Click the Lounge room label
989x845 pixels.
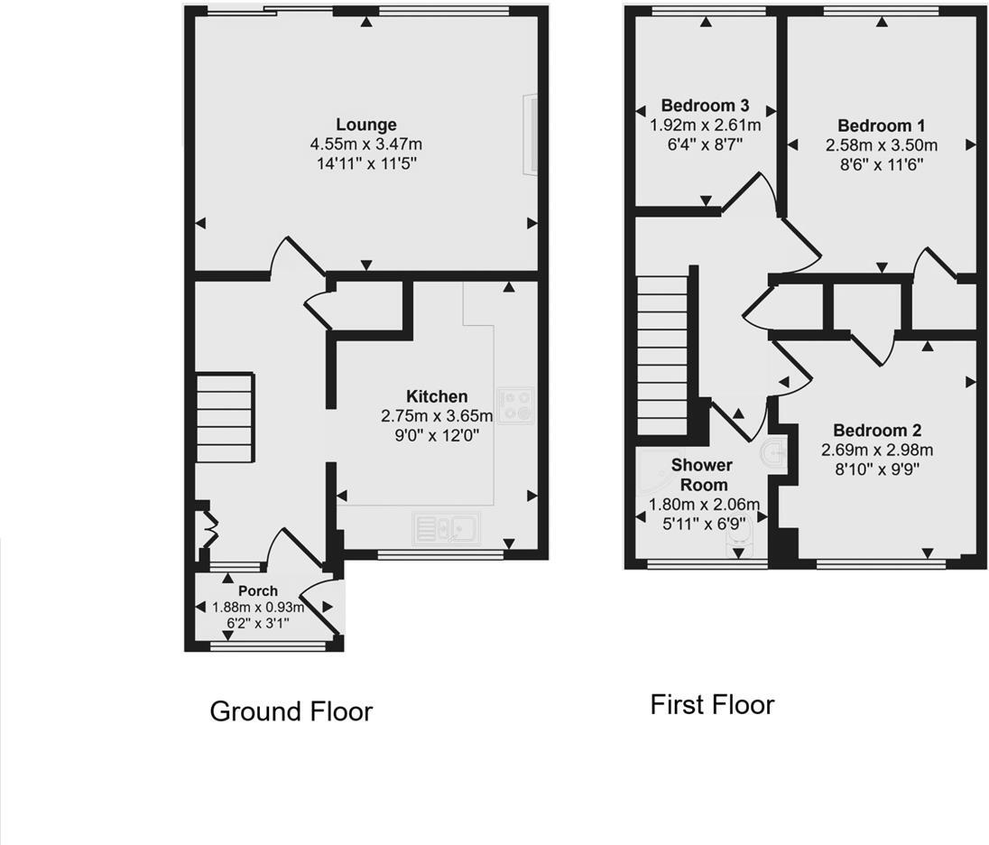(365, 125)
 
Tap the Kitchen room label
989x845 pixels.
(437, 396)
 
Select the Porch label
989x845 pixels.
(258, 591)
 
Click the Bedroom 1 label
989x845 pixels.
(881, 125)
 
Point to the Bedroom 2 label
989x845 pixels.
(876, 430)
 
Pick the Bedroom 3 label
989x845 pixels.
(705, 106)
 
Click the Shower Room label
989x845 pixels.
(701, 475)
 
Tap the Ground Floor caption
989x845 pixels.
(291, 711)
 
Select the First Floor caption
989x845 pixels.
(712, 704)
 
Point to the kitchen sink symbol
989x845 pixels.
(447, 526)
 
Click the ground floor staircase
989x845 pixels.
(224, 419)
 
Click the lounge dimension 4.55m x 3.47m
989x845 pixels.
(365, 144)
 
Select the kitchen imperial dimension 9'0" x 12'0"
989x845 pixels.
(437, 434)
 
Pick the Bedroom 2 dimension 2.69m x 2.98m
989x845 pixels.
(876, 450)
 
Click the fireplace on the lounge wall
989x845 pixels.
(532, 133)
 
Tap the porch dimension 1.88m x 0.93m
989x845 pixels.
(258, 608)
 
